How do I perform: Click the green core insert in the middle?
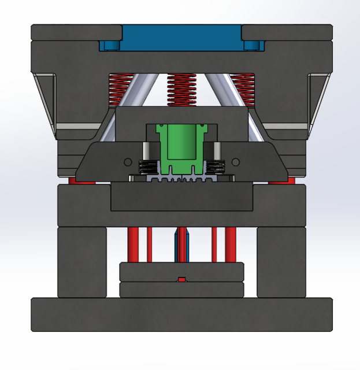(x=182, y=145)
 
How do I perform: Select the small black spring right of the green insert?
(x=215, y=167)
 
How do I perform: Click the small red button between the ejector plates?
(x=181, y=280)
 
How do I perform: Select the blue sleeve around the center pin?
(x=176, y=246)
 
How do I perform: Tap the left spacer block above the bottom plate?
(x=81, y=261)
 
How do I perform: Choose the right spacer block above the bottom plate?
(x=281, y=261)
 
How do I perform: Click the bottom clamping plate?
(x=181, y=314)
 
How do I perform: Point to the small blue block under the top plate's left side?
(x=109, y=45)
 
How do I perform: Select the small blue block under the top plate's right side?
(x=253, y=45)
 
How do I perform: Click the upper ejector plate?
(x=181, y=271)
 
